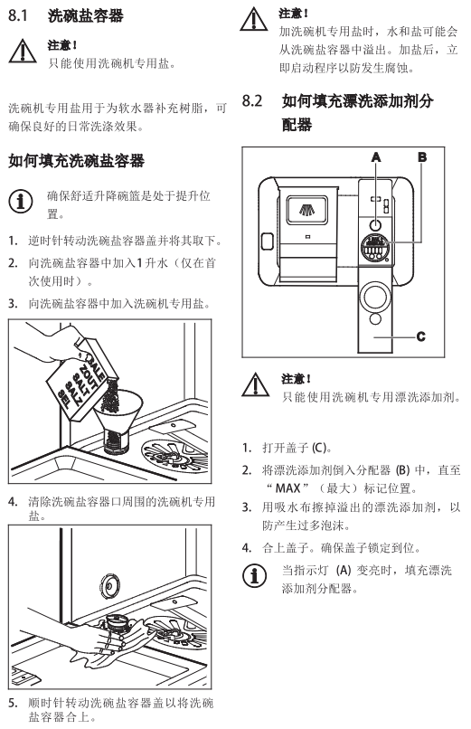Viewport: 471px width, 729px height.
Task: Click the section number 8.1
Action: pos(18,15)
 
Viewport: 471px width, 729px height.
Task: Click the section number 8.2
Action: pos(252,100)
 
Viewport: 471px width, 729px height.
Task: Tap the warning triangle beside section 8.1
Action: pos(23,52)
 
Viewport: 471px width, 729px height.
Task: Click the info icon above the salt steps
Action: pos(21,202)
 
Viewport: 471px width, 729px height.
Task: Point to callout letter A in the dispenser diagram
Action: pos(376,157)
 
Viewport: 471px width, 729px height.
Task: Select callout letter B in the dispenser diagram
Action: pos(422,157)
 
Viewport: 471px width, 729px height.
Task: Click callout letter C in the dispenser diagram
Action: pos(421,336)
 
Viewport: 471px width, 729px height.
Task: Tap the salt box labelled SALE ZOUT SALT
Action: pos(81,379)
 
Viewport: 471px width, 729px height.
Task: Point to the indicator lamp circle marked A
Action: pos(375,225)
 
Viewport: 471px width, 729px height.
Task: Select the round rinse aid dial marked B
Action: pos(375,247)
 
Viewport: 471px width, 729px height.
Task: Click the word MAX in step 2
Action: pos(288,488)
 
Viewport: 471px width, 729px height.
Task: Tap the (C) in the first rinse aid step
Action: pos(319,448)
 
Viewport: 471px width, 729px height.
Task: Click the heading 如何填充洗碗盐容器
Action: pos(76,161)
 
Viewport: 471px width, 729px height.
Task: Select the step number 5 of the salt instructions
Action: pos(13,703)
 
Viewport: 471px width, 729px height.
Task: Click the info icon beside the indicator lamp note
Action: pos(255,575)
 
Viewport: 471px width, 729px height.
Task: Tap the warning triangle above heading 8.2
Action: pos(254,19)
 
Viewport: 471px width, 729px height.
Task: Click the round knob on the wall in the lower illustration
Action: pos(110,583)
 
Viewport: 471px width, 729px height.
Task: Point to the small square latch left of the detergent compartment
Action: pos(267,241)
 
